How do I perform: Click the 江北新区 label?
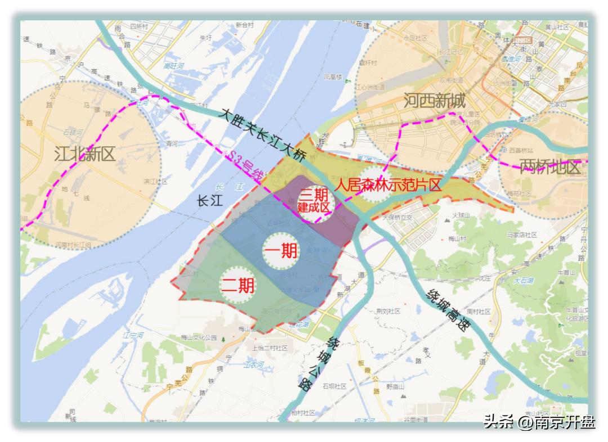(84, 154)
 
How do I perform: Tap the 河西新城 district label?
(435, 102)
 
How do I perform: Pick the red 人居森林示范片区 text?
(388, 185)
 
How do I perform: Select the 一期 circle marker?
(281, 251)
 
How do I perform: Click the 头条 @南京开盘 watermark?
(539, 422)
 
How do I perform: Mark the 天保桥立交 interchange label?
(398, 217)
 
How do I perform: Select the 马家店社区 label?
(520, 235)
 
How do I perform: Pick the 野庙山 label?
(397, 387)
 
